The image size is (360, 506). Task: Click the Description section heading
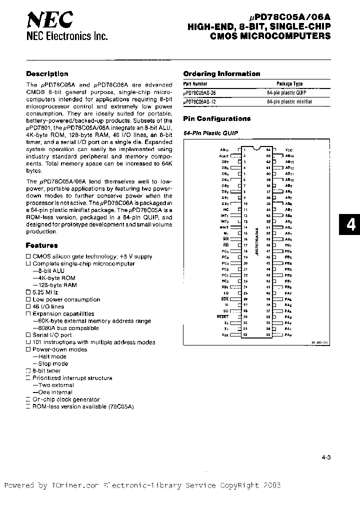[x=47, y=73]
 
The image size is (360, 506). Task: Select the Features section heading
[x=42, y=245]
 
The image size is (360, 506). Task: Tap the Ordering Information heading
[x=221, y=73]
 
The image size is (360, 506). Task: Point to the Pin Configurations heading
[x=216, y=118]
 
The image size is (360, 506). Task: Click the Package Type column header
[x=289, y=84]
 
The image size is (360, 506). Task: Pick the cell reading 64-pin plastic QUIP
[x=286, y=92]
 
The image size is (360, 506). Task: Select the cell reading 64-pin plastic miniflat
[x=289, y=101]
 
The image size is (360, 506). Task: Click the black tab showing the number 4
[x=351, y=225]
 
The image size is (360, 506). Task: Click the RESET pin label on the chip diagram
[x=223, y=316]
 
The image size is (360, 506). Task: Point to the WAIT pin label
[x=224, y=226]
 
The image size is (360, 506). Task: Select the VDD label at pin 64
[x=289, y=149]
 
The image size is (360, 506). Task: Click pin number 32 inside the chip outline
[x=245, y=334]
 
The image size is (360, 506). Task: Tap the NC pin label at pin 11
[x=226, y=209]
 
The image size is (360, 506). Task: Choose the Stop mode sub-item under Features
[x=52, y=363]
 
